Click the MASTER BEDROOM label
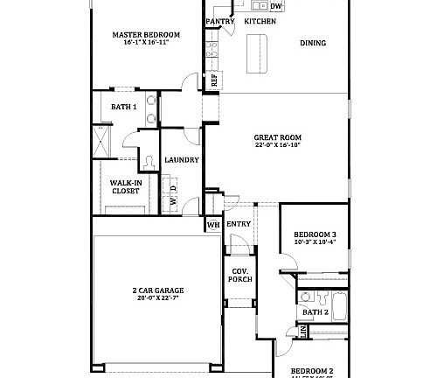click(x=146, y=35)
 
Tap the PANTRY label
click(x=219, y=20)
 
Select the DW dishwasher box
click(x=275, y=6)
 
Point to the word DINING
click(x=313, y=42)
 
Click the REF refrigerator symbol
click(x=213, y=79)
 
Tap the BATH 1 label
click(x=123, y=107)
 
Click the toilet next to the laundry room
click(x=149, y=158)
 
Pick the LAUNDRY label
click(x=182, y=160)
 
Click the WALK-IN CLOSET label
click(x=125, y=185)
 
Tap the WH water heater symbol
click(x=212, y=225)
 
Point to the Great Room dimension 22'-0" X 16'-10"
click(x=277, y=146)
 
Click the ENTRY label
click(x=239, y=224)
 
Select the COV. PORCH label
click(x=240, y=274)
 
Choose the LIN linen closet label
click(x=303, y=332)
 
